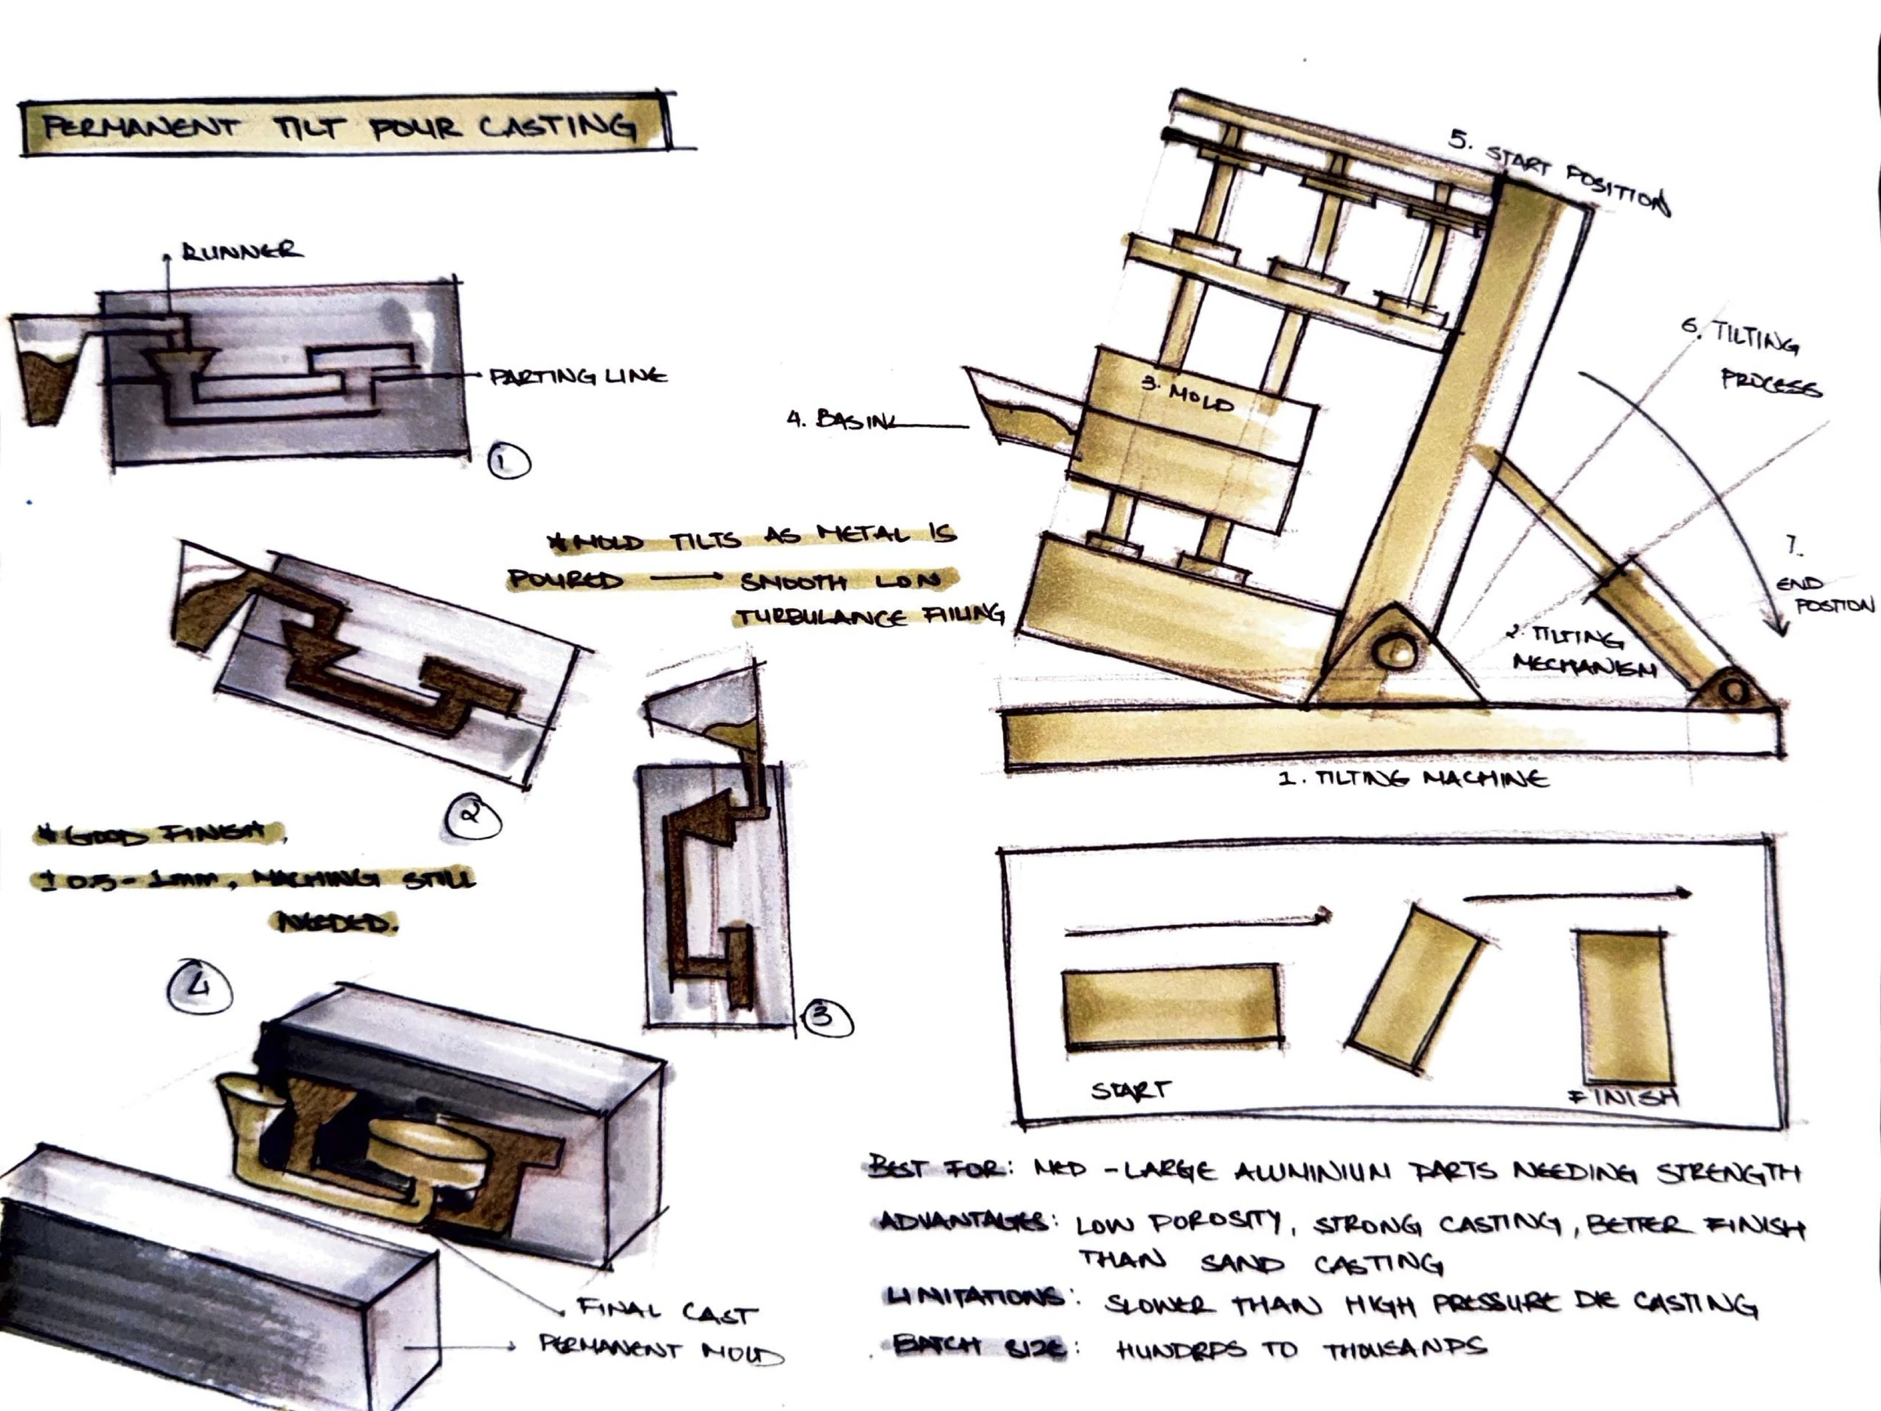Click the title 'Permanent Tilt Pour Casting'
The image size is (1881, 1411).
(x=340, y=128)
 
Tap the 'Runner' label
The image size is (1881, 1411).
(x=241, y=251)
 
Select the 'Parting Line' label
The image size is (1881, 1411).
(x=579, y=376)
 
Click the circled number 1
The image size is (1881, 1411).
(x=509, y=462)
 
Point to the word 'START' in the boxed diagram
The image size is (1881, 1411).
(x=1131, y=1090)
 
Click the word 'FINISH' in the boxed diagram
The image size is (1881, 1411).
(x=1624, y=1097)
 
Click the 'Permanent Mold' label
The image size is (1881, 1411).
(x=661, y=1350)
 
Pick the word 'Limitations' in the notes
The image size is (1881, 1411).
(x=974, y=1298)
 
